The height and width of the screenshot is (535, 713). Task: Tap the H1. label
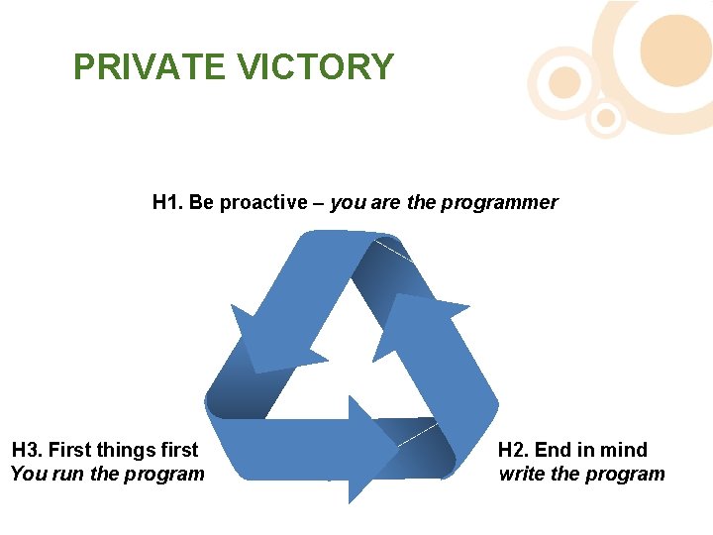coord(168,203)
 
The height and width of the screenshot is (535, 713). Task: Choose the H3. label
coord(27,450)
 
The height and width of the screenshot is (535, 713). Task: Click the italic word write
coord(522,474)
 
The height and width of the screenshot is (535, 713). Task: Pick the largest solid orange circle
coord(675,50)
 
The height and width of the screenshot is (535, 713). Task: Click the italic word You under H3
coord(28,474)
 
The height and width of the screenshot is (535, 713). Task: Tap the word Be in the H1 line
coord(201,203)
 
